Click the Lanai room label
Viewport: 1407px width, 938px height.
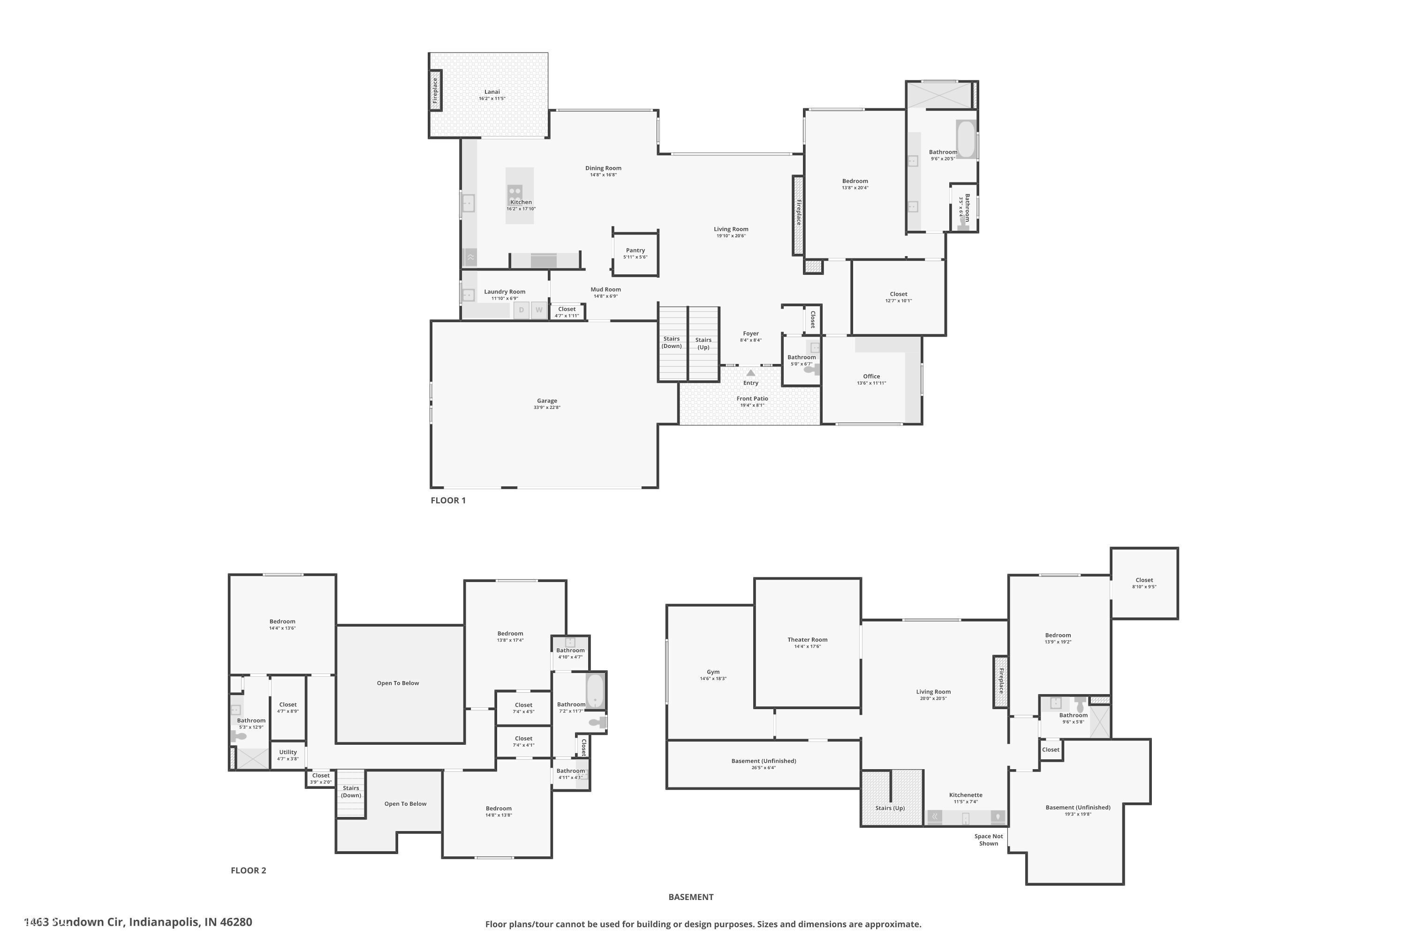tap(492, 92)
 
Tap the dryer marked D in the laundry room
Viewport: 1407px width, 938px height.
tap(522, 310)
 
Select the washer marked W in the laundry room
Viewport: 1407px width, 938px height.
tap(539, 310)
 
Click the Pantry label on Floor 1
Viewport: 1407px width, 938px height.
tap(635, 250)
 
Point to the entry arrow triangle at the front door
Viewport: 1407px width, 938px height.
tap(751, 373)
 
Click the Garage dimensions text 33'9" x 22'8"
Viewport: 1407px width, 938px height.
tap(547, 408)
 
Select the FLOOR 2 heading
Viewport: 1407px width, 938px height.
tap(248, 870)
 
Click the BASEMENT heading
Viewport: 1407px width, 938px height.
tap(691, 897)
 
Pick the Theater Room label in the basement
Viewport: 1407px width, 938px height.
tap(807, 640)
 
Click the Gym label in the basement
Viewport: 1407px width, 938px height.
tap(713, 672)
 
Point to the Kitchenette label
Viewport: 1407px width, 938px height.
tap(966, 795)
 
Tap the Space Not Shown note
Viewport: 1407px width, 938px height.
tap(988, 840)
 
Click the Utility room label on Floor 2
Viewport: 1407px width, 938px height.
tap(288, 753)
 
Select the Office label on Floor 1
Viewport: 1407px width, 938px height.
tap(871, 376)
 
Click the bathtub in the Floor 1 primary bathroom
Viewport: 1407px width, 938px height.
tap(966, 139)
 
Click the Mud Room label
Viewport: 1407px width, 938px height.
tap(605, 289)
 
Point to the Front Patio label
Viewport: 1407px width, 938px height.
tap(752, 398)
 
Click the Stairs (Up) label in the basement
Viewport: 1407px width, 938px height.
tap(890, 808)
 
